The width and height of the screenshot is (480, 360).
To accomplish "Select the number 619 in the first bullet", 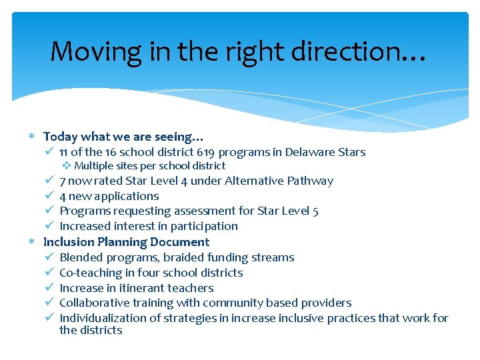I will click(209, 152).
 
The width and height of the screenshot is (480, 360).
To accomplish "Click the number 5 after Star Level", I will click(315, 211).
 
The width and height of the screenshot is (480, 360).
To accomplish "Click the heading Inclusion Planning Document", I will click(126, 242).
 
